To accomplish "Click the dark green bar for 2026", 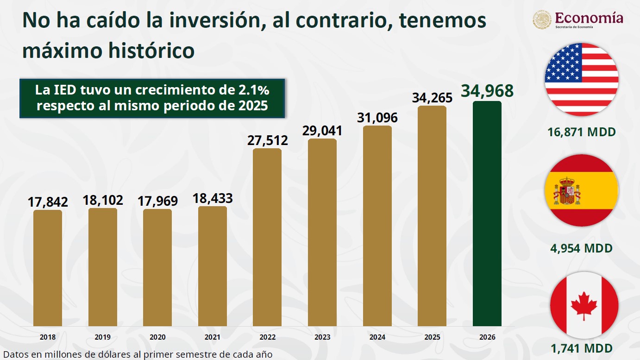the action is [487, 214].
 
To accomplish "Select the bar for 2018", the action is [47, 268].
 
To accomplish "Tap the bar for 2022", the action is [267, 237].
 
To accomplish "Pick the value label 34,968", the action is [487, 91].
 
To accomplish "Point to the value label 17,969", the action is [158, 201].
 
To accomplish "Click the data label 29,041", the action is [322, 131].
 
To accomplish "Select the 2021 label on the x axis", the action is [212, 337].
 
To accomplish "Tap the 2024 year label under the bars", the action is [377, 337].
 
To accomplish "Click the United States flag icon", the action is [582, 80].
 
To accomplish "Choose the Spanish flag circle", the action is [582, 190].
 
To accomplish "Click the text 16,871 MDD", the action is [582, 132].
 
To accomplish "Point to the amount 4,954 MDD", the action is [582, 248].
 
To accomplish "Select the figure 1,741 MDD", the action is [582, 348].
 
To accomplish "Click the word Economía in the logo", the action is [589, 18].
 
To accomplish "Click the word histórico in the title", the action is [151, 51].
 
